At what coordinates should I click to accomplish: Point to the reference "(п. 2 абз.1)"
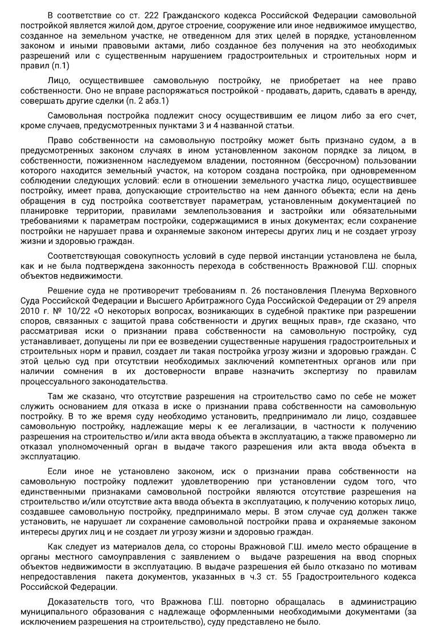pyautogui.click(x=147, y=101)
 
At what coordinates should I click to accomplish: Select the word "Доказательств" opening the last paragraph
pyautogui.click(x=76, y=602)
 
